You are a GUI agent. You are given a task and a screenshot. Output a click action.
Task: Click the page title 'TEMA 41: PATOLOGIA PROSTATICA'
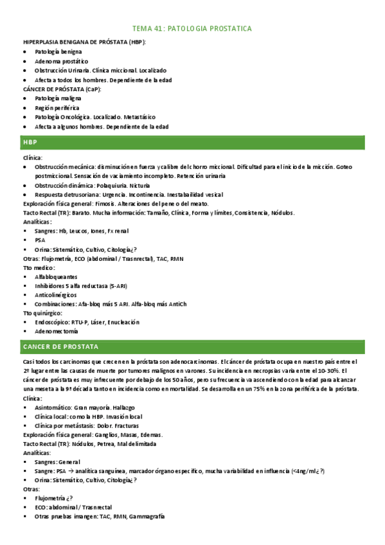[x=192, y=29]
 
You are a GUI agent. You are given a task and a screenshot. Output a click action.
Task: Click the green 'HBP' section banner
[x=192, y=141]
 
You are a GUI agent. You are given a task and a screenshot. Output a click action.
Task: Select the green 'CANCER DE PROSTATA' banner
[x=192, y=346]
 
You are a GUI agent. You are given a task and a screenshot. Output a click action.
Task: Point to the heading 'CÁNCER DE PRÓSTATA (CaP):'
[x=62, y=89]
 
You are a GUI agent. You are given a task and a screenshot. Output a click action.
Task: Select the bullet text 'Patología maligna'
[x=58, y=99]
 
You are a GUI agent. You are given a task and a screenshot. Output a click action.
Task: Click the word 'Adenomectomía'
[x=57, y=332]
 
